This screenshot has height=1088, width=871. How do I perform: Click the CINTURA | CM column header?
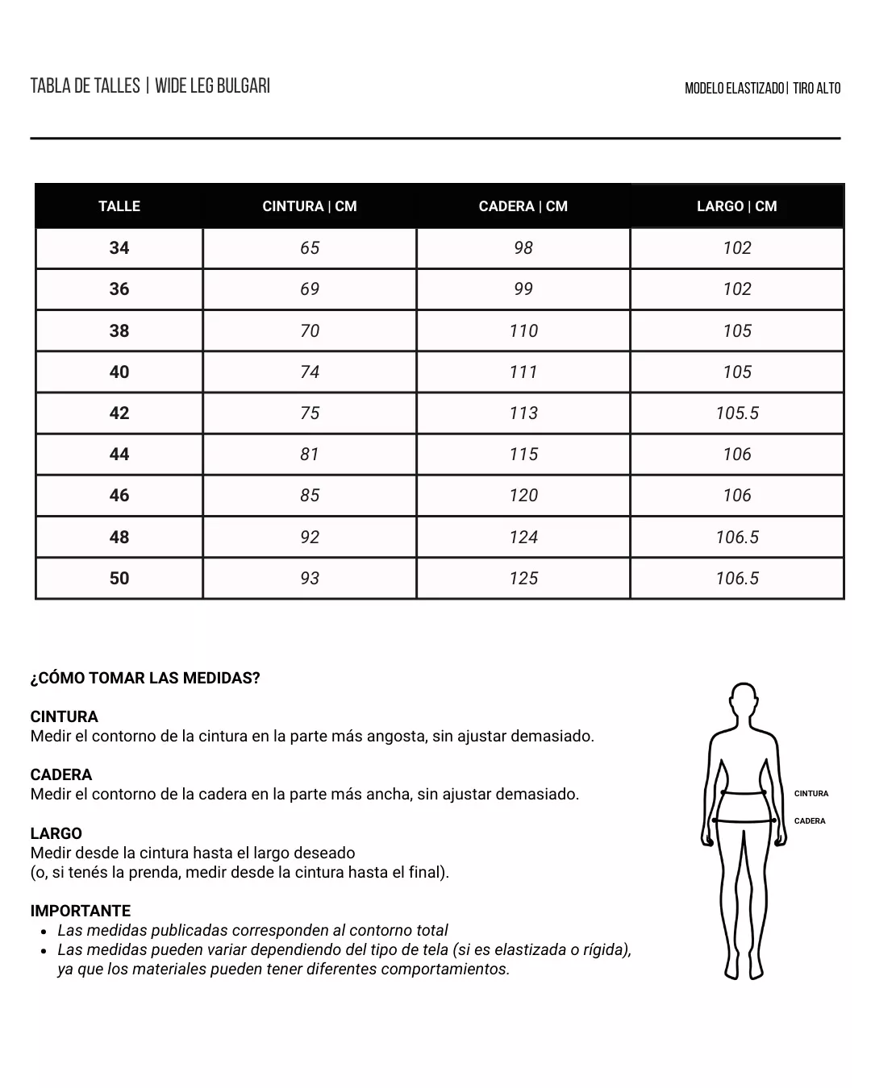(310, 206)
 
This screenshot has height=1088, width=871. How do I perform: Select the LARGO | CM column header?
(736, 206)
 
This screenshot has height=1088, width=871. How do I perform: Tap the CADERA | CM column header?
(523, 206)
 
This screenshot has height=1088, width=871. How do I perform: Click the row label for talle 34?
(119, 248)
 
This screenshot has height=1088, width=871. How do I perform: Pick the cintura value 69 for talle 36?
(310, 289)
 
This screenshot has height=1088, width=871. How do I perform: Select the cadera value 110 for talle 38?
(523, 331)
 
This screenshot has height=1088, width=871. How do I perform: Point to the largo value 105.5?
(737, 413)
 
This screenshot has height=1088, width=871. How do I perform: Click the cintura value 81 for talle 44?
(310, 455)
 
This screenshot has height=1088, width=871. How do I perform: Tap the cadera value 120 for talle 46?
(523, 496)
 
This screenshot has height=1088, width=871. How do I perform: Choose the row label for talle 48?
(119, 538)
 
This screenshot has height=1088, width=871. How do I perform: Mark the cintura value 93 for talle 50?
(310, 579)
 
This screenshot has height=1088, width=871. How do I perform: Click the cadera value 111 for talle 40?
(523, 372)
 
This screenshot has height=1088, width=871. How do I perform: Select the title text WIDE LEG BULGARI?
(212, 86)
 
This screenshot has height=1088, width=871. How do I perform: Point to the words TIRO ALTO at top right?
(816, 89)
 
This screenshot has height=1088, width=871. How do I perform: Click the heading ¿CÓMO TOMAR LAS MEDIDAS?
(145, 679)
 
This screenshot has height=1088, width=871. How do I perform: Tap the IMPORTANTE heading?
(81, 912)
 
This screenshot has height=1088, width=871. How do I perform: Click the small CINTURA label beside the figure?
(811, 794)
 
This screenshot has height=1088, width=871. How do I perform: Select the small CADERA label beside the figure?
(810, 821)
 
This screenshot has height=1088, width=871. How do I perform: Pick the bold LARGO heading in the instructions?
(56, 834)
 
